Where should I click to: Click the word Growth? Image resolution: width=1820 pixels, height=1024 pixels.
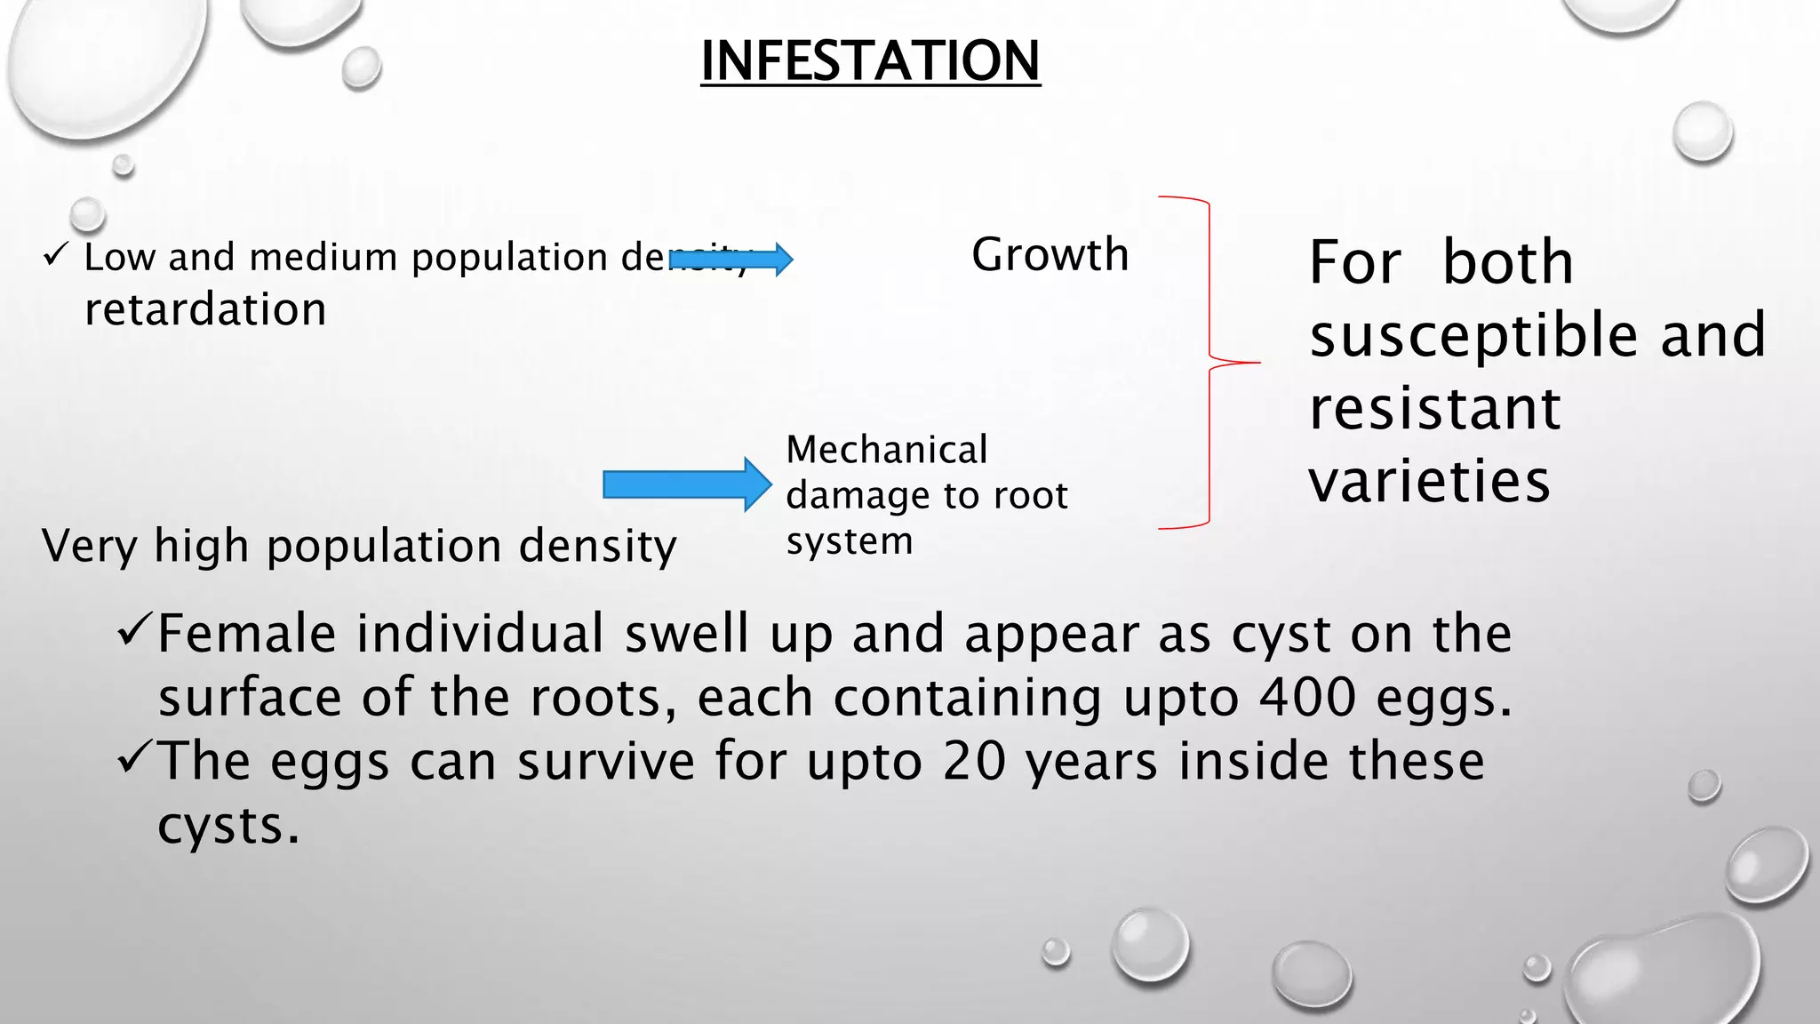(1050, 255)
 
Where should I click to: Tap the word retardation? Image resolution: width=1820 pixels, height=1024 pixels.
(205, 309)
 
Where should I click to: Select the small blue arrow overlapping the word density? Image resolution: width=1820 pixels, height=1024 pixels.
(731, 260)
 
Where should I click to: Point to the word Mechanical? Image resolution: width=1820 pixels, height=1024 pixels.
(887, 450)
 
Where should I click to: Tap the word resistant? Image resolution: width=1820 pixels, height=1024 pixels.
(1434, 409)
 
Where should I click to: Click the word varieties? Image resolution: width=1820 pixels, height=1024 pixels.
(1429, 481)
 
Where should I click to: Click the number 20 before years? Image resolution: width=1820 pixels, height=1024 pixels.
(975, 762)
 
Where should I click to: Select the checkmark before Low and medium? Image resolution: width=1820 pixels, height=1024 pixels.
(55, 256)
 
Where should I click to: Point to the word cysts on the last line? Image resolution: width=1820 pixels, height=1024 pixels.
(227, 827)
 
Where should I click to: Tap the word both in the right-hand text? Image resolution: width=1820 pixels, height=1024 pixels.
(1507, 263)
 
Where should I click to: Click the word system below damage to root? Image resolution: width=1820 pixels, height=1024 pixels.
(849, 541)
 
